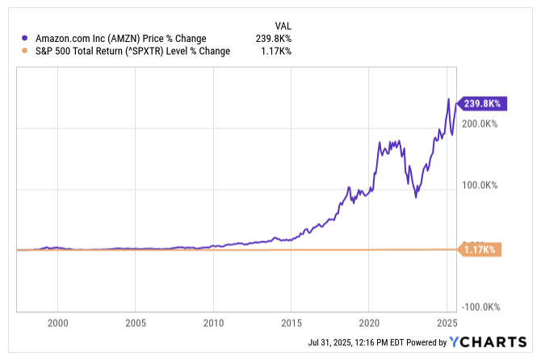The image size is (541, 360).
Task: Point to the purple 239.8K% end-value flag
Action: [x=481, y=103]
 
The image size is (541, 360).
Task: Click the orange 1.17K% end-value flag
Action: [x=481, y=249]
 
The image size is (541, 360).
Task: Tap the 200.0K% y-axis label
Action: [x=480, y=123]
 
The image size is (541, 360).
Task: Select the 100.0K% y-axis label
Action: [x=480, y=185]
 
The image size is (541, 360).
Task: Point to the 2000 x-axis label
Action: [x=57, y=323]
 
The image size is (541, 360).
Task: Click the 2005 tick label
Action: [x=136, y=323]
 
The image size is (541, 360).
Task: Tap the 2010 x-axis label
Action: [x=213, y=323]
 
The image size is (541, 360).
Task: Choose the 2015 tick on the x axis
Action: [x=291, y=323]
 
